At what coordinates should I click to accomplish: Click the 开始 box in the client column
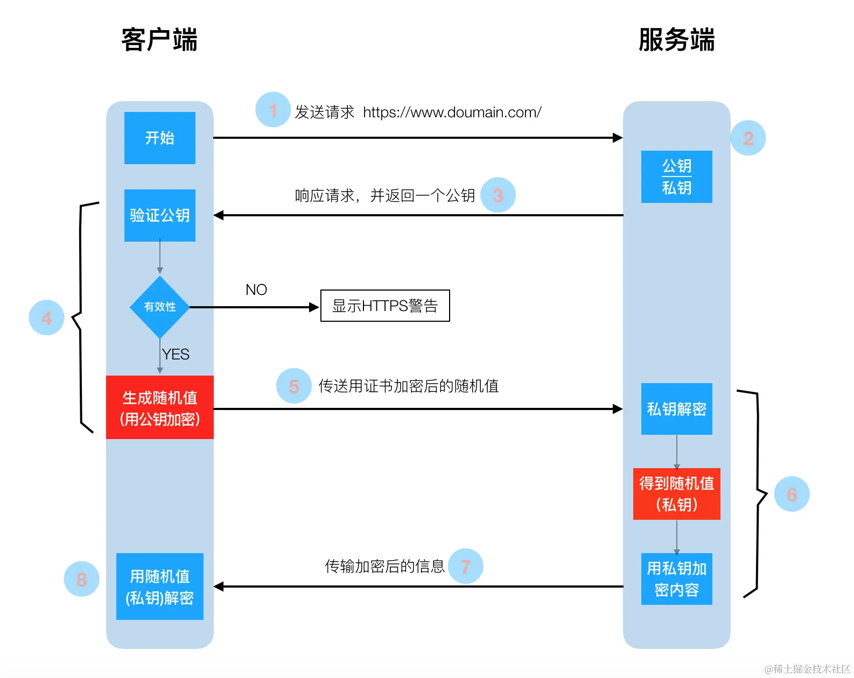point(159,138)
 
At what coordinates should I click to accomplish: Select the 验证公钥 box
point(159,215)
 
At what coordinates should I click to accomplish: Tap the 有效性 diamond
point(159,307)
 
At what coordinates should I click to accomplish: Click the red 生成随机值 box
point(159,407)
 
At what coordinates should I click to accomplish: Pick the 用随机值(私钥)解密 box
point(159,587)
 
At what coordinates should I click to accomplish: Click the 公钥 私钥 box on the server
point(676,176)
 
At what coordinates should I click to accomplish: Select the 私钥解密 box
point(676,409)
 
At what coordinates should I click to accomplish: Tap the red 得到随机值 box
point(676,493)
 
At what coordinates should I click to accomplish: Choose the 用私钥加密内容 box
point(676,579)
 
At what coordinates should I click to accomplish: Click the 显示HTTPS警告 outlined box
point(384,306)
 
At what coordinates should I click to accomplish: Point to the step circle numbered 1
point(273,110)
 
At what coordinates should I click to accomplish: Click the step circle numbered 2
point(748,138)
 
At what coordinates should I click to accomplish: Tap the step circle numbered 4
point(46,317)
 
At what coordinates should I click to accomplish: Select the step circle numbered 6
point(792,494)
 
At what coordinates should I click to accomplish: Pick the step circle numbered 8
point(81,579)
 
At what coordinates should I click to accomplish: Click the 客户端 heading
point(159,40)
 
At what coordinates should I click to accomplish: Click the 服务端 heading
point(676,40)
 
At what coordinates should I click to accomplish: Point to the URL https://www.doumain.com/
point(452,112)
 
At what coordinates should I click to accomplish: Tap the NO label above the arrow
point(256,289)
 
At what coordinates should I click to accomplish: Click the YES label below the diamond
point(176,354)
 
